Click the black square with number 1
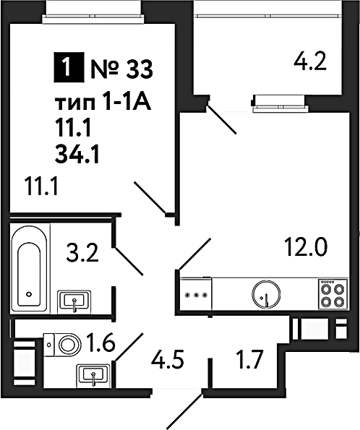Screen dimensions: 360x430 (x=69, y=67)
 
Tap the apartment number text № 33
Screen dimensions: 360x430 (x=121, y=69)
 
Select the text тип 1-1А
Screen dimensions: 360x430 (x=103, y=103)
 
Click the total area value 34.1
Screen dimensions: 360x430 (x=77, y=155)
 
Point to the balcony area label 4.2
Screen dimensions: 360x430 (x=310, y=61)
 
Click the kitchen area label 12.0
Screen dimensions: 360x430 (x=306, y=247)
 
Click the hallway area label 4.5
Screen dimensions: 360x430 (x=167, y=360)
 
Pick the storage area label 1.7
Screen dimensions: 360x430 (x=249, y=360)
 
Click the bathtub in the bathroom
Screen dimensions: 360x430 (x=28, y=268)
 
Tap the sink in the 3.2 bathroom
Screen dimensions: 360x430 (x=74, y=301)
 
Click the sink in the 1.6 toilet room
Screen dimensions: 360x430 (x=93, y=374)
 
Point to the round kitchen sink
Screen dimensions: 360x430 (x=266, y=293)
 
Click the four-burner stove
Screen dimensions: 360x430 (x=333, y=293)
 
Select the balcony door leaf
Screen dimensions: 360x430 (x=221, y=119)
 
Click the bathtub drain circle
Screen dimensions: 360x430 (x=28, y=294)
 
